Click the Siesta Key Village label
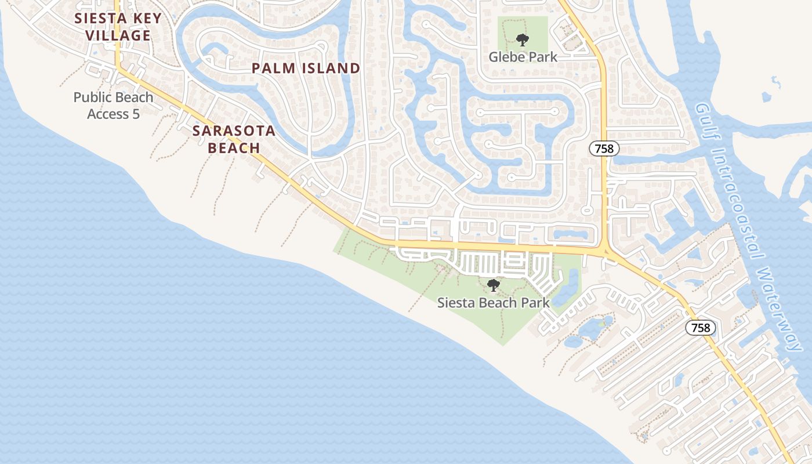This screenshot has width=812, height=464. pos(118,27)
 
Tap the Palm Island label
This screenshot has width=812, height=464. pos(306,68)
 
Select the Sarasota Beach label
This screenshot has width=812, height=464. pos(234,139)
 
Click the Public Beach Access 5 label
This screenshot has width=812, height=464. pos(114,106)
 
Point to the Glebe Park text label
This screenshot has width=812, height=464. pos(523,57)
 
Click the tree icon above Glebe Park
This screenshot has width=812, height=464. pos(523,40)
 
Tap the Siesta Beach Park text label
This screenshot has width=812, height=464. pos(493,302)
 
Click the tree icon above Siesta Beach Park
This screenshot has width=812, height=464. pos(494,285)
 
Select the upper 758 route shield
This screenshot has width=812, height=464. pos(604,148)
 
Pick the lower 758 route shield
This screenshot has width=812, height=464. pos(701,328)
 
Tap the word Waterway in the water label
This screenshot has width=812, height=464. pos(781,310)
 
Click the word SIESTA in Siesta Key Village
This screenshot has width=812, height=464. pos(97,19)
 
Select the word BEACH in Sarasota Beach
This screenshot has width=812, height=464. pos(234,148)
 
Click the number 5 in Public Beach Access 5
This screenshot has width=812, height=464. pos(136,114)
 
